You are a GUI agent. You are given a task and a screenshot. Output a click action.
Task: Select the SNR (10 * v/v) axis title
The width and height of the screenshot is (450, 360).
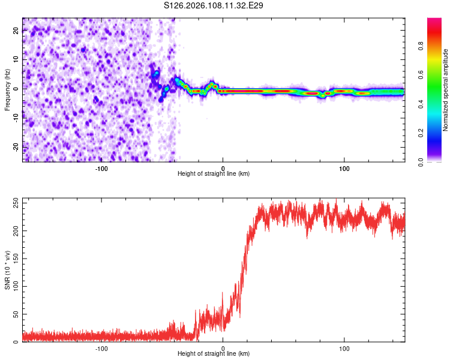click(x=7, y=269)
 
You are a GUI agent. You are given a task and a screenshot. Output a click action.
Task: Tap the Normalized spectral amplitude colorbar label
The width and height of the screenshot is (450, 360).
click(x=445, y=89)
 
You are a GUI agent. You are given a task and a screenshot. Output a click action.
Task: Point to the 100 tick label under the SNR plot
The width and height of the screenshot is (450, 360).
click(x=344, y=348)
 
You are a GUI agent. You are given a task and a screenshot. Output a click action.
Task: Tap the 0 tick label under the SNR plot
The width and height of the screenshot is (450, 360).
click(x=223, y=348)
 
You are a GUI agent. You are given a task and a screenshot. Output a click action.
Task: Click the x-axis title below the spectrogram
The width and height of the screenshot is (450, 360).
click(x=214, y=174)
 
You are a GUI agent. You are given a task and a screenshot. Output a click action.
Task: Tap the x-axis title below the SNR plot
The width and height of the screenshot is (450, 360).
click(x=214, y=354)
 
